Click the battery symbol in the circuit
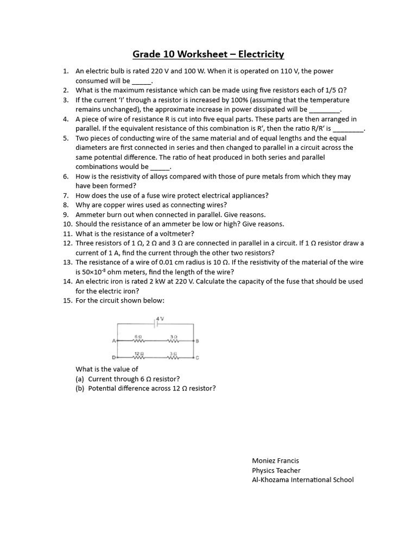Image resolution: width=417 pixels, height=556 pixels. tap(156, 324)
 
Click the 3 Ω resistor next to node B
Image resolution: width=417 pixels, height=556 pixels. tap(174, 341)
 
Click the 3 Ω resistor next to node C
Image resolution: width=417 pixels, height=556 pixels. tap(174, 358)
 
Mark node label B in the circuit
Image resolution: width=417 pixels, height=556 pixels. tap(197, 341)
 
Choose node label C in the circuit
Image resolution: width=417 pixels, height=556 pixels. tap(197, 358)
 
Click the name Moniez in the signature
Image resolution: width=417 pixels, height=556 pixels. tap(264, 460)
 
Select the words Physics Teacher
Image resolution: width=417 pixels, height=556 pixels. tap(276, 470)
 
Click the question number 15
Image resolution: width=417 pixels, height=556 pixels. tap(67, 300)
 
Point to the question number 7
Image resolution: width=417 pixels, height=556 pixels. tap(65, 195)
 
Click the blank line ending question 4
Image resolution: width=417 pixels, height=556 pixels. tap(347, 129)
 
